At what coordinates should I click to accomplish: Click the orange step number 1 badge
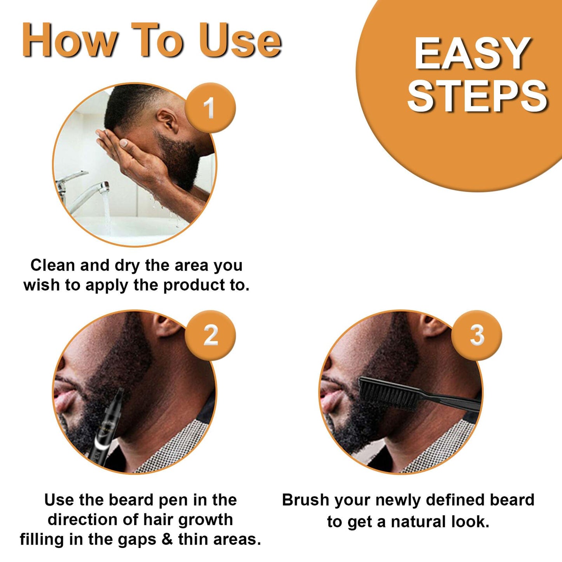pyautogui.click(x=210, y=108)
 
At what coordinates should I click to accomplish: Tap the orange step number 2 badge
pyautogui.click(x=210, y=335)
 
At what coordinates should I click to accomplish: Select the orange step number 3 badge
pyautogui.click(x=477, y=335)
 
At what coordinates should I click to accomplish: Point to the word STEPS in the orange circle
pyautogui.click(x=478, y=96)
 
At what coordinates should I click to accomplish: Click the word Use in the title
pyautogui.click(x=240, y=40)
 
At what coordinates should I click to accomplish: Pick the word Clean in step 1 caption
pyautogui.click(x=53, y=265)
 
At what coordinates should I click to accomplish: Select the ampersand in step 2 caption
pyautogui.click(x=166, y=539)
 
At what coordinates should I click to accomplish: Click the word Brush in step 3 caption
pyautogui.click(x=305, y=500)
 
